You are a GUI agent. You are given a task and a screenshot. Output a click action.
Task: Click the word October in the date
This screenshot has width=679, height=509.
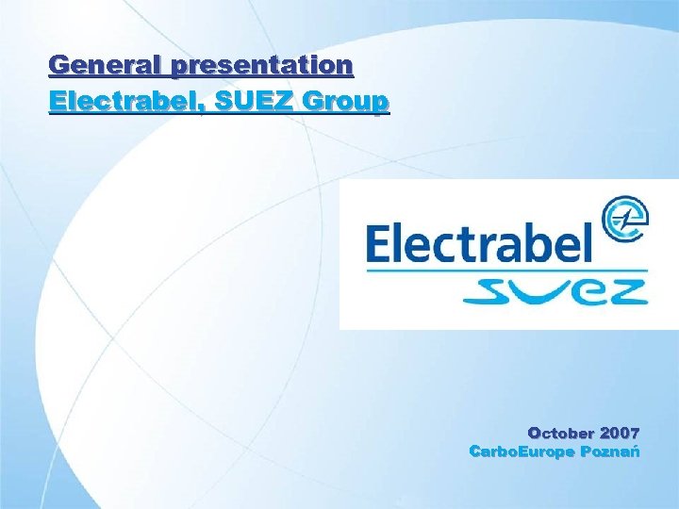click(562, 434)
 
